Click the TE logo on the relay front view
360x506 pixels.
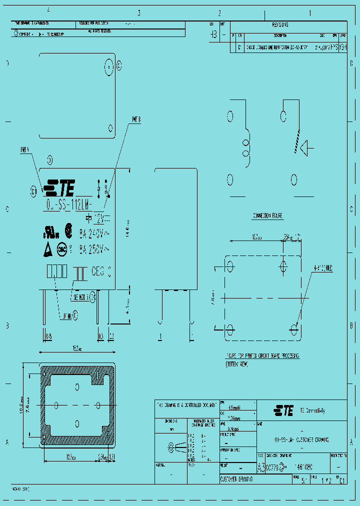coord(59,188)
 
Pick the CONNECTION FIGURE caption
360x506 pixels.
coord(267,216)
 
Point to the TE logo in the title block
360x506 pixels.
coord(283,411)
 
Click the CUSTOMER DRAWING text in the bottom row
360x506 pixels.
coord(236,479)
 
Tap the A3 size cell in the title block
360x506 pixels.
coord(260,467)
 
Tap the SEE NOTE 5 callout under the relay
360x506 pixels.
coord(80,297)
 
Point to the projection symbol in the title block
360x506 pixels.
coord(172,445)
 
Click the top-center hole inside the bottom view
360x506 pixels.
coord(77,386)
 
